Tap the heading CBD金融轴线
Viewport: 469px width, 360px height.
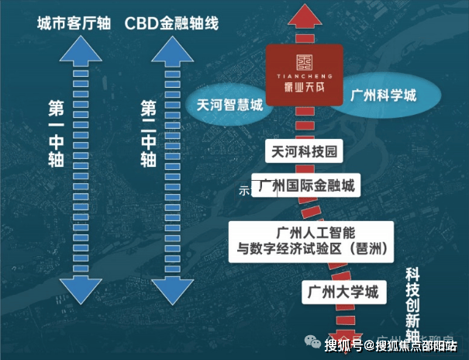click(171, 23)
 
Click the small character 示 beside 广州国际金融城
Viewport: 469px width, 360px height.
click(243, 191)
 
